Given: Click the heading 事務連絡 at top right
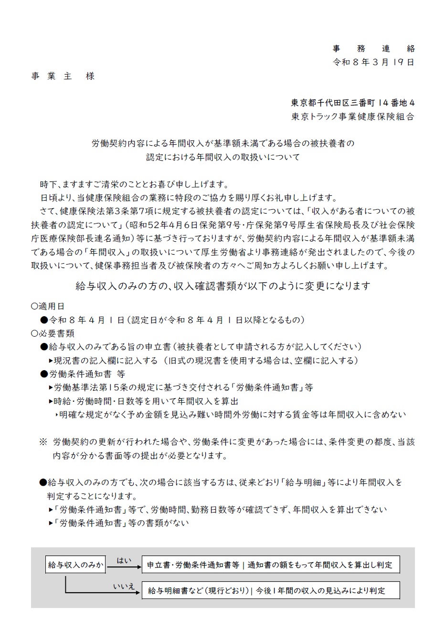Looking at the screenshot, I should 373,49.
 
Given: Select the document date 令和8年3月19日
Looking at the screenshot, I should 373,62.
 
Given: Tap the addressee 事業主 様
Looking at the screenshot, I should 64,76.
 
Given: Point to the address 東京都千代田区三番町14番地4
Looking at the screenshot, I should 353,102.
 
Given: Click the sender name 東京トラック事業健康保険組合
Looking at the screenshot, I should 353,116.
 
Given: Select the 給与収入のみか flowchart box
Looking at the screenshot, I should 75,565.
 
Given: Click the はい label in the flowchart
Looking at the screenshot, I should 124,560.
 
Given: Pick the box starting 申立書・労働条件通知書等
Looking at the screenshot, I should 271,565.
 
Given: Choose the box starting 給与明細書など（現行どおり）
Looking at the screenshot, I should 271,590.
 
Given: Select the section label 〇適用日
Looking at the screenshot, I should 47,306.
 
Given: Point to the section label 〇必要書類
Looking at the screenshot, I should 52,333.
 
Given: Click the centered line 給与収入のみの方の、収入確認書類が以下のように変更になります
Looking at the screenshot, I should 223,286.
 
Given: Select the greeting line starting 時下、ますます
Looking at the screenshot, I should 134,184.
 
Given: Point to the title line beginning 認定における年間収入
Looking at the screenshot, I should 223,156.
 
